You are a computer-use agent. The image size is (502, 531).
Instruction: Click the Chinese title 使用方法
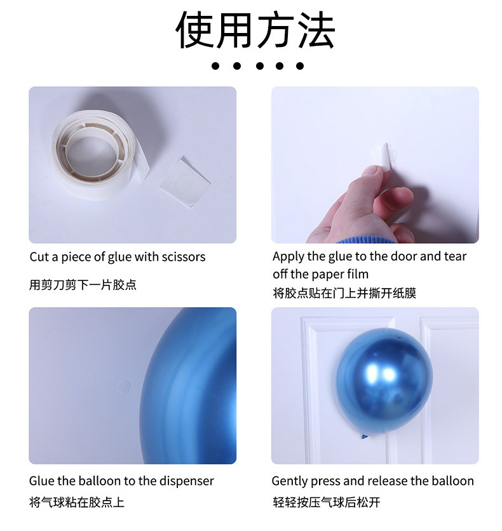[255, 30]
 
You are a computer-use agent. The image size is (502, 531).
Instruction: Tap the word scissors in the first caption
[184, 257]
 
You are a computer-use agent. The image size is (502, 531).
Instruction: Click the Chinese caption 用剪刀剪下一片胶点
[83, 285]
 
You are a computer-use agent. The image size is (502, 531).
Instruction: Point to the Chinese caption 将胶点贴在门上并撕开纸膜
[344, 292]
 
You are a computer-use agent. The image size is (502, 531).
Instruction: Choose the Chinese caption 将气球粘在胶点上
[77, 502]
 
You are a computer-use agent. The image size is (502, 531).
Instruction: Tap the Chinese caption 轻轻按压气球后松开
[326, 502]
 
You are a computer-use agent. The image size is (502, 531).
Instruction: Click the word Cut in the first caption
[39, 257]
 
